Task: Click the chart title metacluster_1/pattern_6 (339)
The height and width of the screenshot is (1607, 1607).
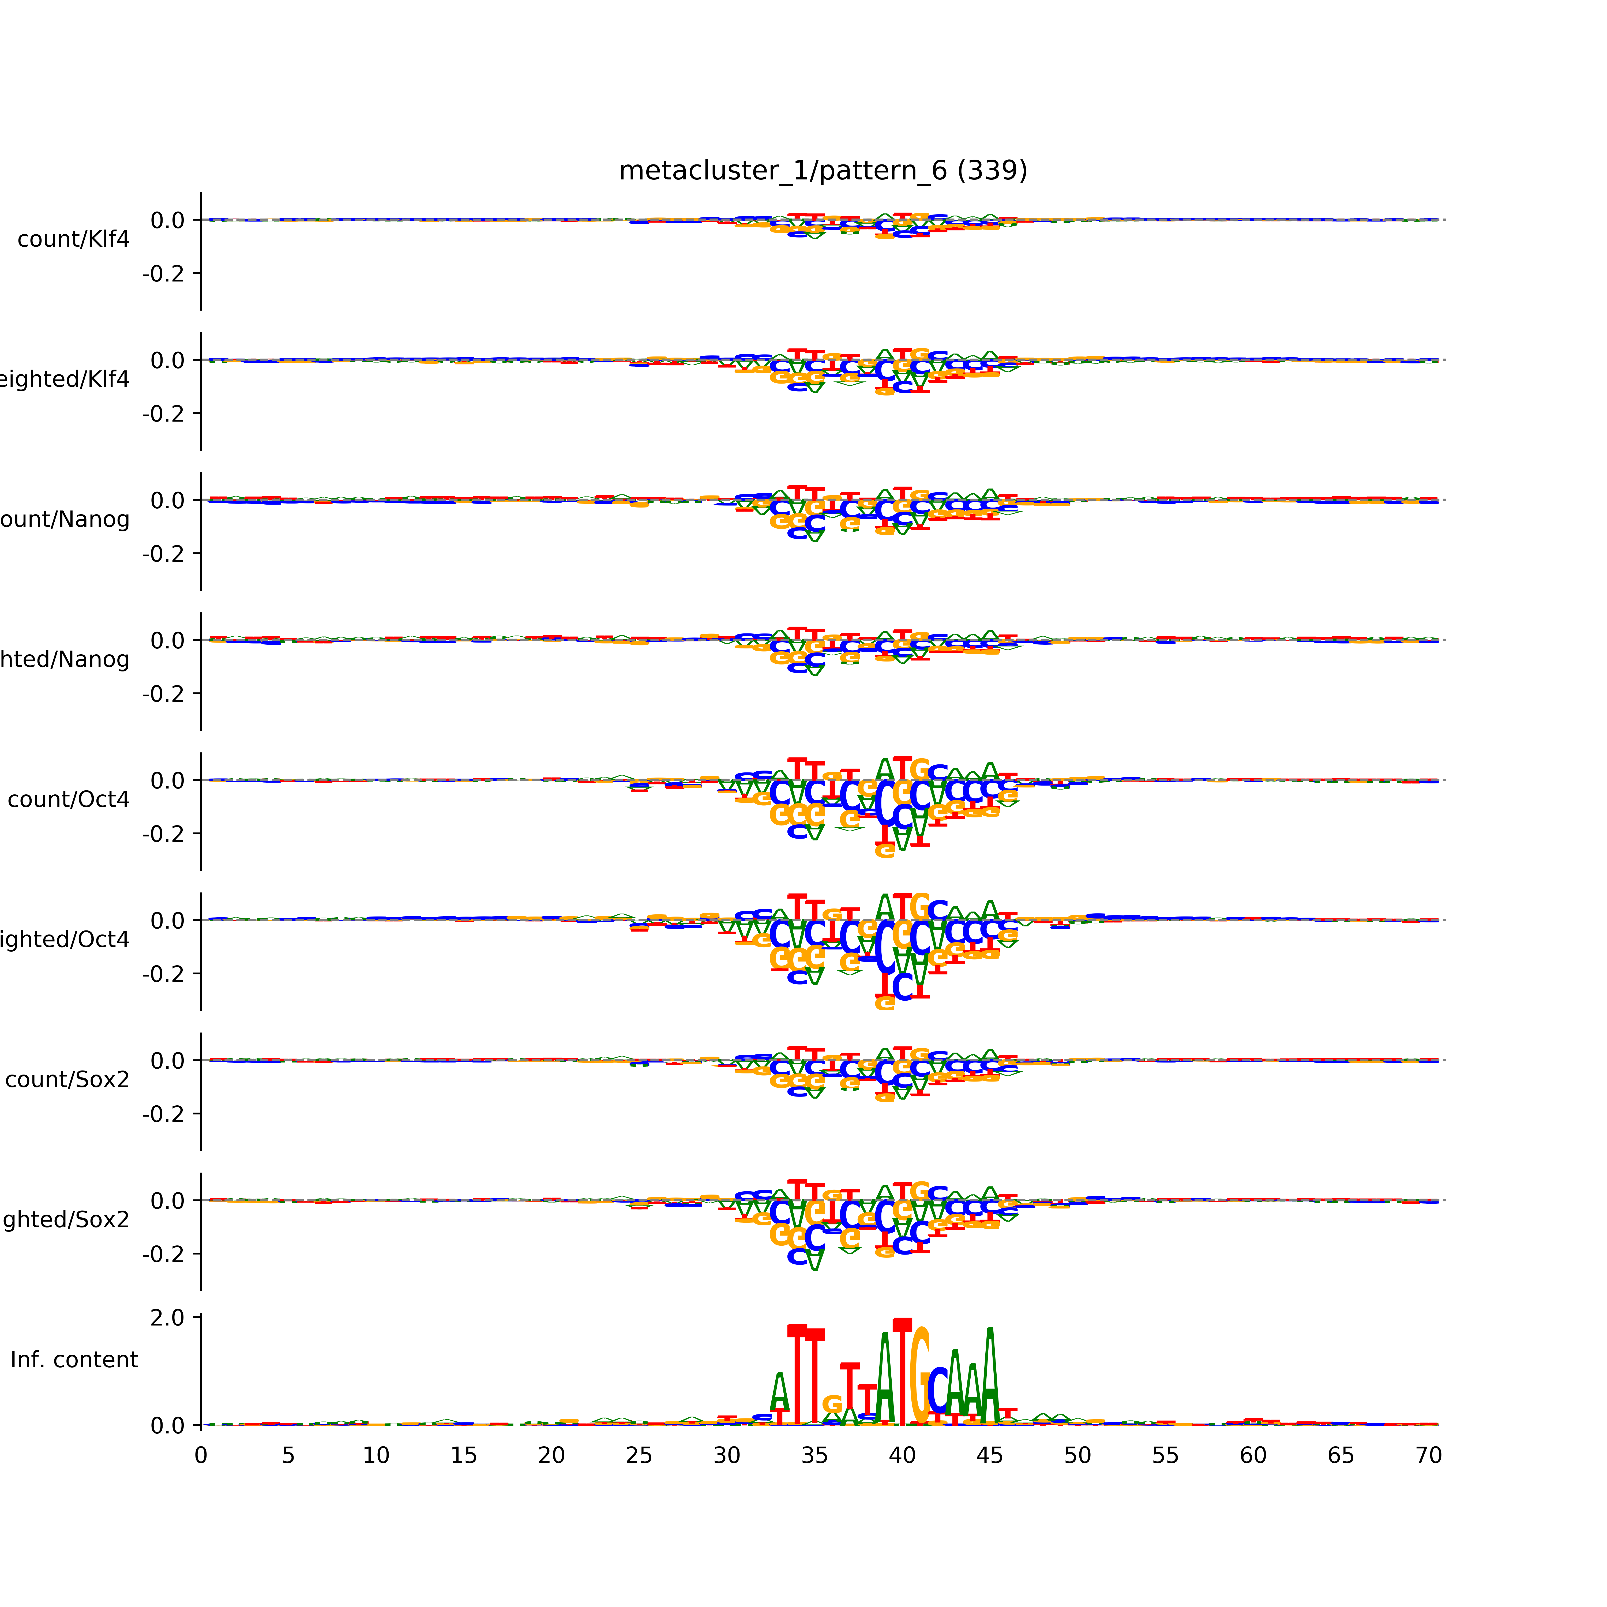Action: (x=823, y=171)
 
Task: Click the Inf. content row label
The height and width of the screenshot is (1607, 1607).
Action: (x=74, y=1360)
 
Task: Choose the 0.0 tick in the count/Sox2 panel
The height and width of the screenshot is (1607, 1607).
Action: (x=167, y=1061)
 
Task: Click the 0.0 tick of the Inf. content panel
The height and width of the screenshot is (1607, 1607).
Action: (x=167, y=1426)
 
